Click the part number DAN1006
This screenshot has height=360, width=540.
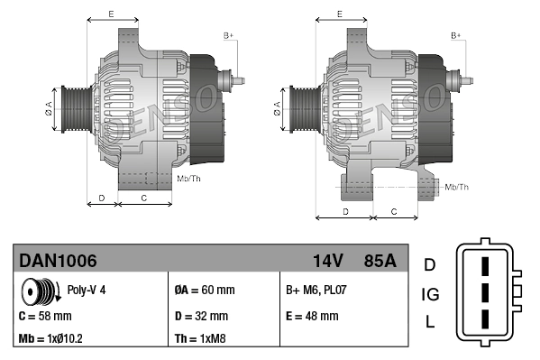click(58, 261)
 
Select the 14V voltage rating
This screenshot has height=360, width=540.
click(327, 261)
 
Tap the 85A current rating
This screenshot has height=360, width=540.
click(378, 261)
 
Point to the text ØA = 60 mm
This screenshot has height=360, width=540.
click(204, 291)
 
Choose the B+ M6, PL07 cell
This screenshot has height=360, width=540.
click(315, 291)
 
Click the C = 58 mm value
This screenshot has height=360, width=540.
click(45, 316)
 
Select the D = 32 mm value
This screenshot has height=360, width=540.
click(200, 316)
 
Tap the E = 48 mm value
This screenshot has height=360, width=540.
click(312, 316)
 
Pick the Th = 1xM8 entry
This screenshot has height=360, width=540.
click(200, 340)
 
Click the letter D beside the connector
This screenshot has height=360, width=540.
click(430, 264)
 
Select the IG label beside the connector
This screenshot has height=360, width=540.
click(430, 293)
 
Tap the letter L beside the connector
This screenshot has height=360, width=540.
click(430, 322)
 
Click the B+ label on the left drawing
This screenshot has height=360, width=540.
click(229, 35)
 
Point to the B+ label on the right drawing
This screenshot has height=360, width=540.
click(456, 35)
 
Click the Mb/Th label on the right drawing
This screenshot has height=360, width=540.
click(457, 187)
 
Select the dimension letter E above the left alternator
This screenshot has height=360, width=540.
click(110, 14)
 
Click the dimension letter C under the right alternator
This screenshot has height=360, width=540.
click(394, 210)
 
